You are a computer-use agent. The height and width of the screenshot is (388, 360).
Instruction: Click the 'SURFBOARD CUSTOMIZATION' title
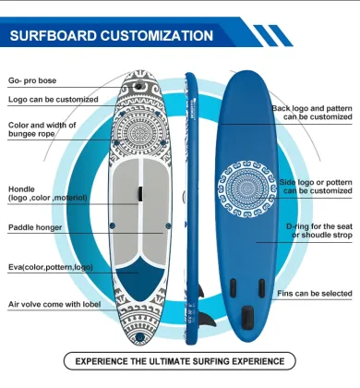111,37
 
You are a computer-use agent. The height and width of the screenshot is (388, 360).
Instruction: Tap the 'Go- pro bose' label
30,80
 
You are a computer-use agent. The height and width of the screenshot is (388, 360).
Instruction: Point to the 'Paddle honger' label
36,226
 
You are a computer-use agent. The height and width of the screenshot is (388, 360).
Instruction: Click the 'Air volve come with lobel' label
54,303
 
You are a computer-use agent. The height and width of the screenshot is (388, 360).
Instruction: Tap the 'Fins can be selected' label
315,294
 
